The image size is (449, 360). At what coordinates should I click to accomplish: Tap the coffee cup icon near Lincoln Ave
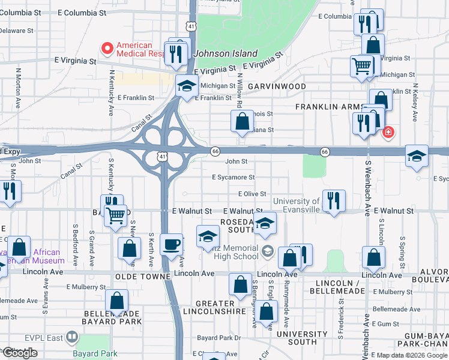172,245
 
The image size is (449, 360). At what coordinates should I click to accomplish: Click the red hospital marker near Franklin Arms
388,131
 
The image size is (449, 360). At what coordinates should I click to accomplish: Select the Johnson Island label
226,53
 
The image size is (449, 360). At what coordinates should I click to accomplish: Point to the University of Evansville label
297,205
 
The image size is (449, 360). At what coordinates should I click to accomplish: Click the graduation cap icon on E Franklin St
187,86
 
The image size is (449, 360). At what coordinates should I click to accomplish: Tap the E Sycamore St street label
234,178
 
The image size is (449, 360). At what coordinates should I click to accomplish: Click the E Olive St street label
252,194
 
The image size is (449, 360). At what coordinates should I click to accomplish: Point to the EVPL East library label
47,337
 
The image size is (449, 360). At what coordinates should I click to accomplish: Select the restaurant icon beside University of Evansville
334,201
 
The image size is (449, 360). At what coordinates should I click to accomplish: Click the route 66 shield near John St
214,151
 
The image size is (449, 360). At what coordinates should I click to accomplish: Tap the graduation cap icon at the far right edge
417,156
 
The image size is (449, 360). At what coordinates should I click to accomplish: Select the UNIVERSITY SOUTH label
293,338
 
